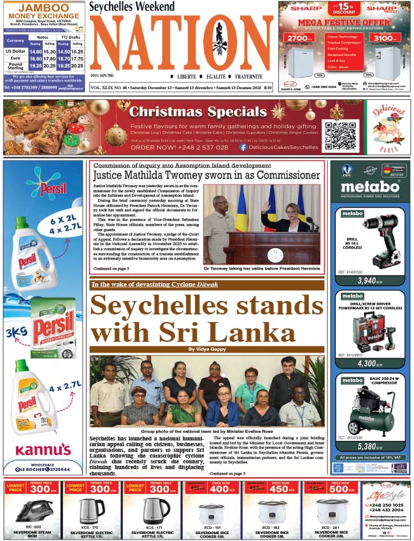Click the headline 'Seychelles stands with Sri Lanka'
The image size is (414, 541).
207,318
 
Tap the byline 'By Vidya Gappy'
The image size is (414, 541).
207,349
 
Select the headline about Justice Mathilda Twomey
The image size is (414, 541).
206,175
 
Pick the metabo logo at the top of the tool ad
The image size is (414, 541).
369,186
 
